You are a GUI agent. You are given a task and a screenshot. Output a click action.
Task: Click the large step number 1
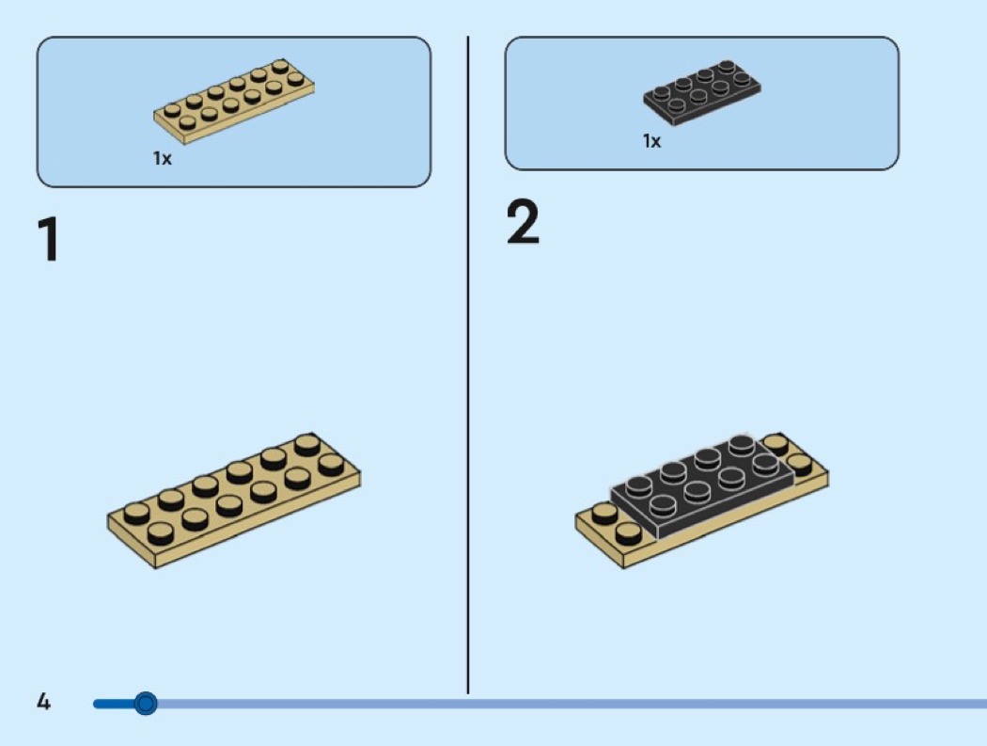[x=49, y=240]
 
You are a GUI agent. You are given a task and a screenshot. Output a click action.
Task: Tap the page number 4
[x=43, y=701]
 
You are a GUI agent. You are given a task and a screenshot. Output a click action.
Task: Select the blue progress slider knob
[x=146, y=703]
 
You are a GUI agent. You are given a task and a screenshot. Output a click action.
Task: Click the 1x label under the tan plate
[x=163, y=158]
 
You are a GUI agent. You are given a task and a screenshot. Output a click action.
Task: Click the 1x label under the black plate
[x=652, y=141]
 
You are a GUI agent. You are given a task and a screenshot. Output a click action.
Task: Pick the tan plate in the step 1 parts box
[x=234, y=101]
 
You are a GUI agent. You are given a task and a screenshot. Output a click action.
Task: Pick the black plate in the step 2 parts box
[x=702, y=92]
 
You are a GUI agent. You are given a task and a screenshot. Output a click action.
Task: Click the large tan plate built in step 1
[x=234, y=500]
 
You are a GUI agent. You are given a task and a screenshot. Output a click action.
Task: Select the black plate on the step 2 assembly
[x=700, y=488]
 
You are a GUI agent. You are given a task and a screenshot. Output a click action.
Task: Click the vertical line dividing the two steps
[x=468, y=365]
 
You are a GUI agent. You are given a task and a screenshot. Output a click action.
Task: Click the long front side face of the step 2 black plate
[x=724, y=504]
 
